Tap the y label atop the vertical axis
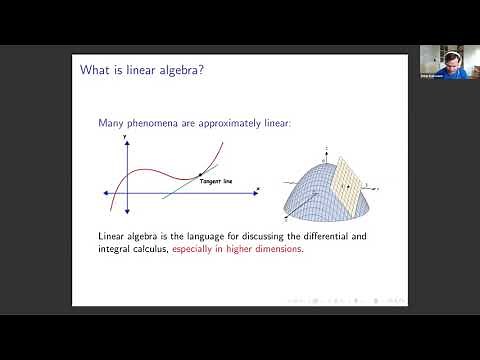125,136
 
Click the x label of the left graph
258,188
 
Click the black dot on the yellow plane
341,185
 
